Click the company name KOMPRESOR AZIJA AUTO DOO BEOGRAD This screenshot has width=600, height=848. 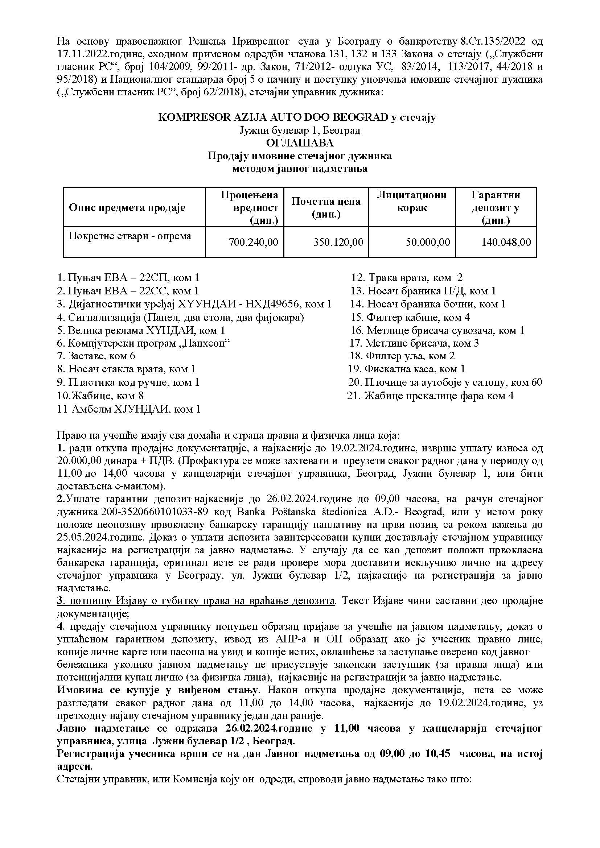(x=274, y=117)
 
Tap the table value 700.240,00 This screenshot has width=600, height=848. (x=253, y=242)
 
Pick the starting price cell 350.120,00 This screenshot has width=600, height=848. (x=338, y=242)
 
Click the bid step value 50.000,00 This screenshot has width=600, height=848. (x=427, y=242)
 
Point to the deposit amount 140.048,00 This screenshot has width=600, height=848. (x=506, y=242)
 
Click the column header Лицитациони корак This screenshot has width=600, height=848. (x=412, y=201)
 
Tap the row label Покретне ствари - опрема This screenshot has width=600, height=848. (x=130, y=236)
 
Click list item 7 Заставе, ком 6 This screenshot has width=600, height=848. (x=96, y=356)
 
